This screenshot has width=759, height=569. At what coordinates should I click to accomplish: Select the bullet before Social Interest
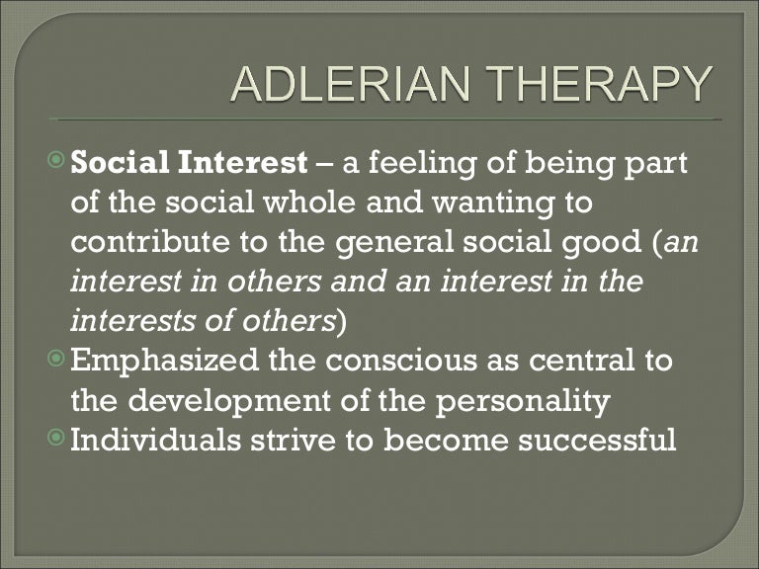(58, 160)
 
